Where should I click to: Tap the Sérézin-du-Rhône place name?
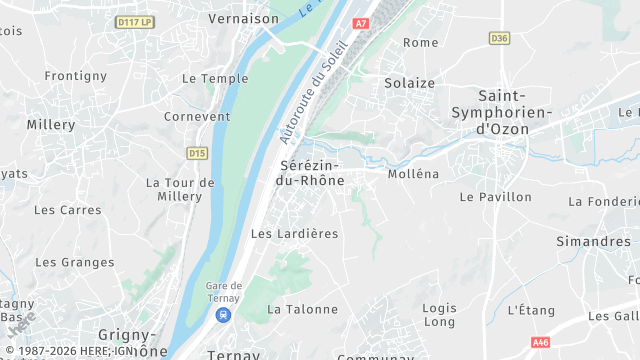(x=309, y=172)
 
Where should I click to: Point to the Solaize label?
(x=410, y=83)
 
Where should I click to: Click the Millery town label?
(x=51, y=125)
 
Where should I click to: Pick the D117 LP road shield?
(x=134, y=20)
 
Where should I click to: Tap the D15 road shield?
(x=197, y=153)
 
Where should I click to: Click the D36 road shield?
(x=500, y=38)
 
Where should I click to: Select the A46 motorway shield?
(x=542, y=340)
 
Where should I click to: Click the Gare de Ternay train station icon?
(x=223, y=315)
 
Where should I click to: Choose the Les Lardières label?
(x=294, y=233)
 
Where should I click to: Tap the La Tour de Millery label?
(x=180, y=190)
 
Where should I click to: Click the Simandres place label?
(x=593, y=241)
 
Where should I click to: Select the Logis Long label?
(x=439, y=315)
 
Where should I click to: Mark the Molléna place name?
(x=413, y=174)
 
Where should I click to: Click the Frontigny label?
(x=75, y=76)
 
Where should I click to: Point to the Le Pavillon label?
(x=495, y=197)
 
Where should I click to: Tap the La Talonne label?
(x=303, y=309)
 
